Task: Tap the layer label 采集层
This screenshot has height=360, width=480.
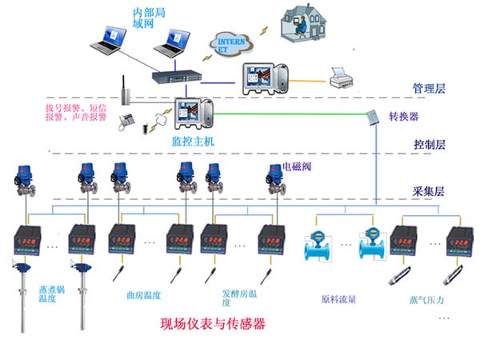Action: (x=428, y=193)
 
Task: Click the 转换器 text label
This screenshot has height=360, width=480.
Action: (x=403, y=117)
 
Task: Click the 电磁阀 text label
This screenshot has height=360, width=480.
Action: (x=297, y=169)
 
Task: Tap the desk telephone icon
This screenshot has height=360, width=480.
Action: (x=126, y=121)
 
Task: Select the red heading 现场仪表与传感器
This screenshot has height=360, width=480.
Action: (x=212, y=324)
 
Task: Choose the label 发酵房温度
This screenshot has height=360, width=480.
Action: (x=237, y=298)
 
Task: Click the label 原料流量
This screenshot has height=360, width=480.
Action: (x=338, y=300)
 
